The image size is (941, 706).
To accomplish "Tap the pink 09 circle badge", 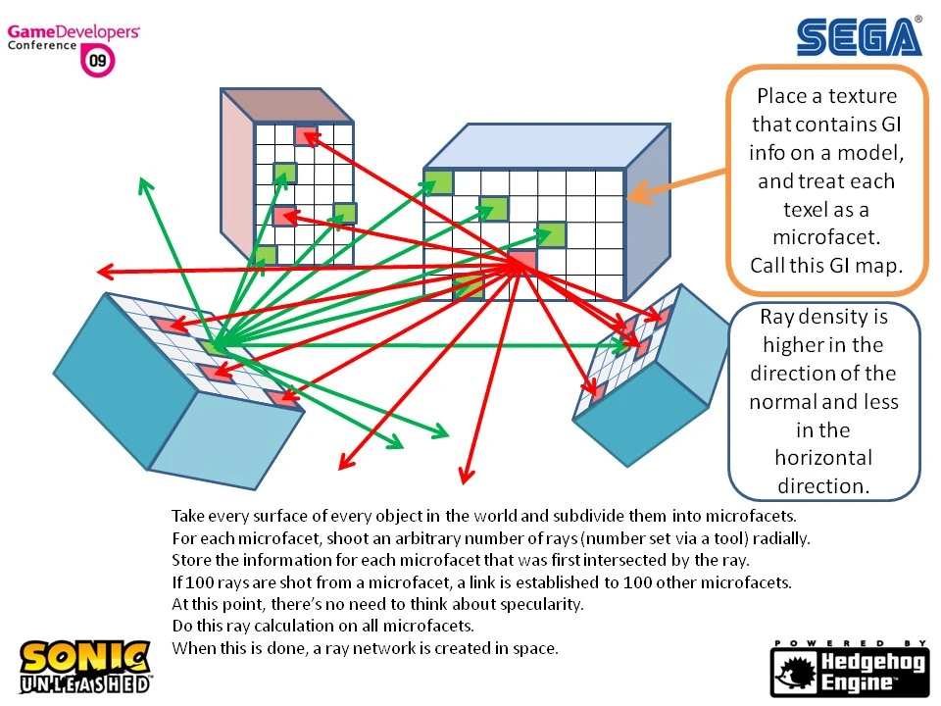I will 99,62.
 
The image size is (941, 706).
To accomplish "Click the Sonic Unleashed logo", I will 86,667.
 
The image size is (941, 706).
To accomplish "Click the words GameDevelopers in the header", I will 74,32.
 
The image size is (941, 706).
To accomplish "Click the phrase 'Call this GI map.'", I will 825,264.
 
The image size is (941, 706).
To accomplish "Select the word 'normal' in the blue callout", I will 788,402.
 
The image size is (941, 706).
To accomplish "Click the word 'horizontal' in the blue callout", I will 823,458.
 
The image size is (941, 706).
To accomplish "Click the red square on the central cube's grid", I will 521,262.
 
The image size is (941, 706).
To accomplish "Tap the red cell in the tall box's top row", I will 305,134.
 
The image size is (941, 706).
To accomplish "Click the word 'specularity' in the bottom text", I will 543,604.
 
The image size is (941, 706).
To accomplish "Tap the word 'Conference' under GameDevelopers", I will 42,46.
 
